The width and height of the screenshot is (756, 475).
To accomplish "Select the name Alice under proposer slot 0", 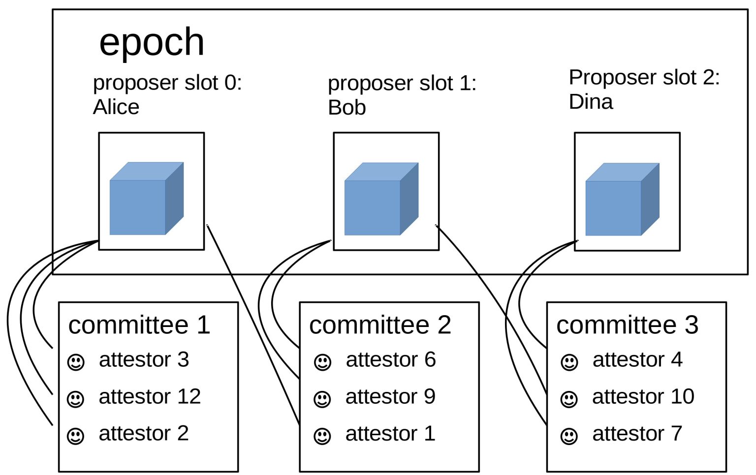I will pos(116,107).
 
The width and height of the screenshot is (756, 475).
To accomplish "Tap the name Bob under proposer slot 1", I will pos(347,108).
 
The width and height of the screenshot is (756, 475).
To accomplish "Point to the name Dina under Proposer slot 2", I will pos(591,102).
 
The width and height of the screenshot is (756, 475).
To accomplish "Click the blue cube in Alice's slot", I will pos(146,199).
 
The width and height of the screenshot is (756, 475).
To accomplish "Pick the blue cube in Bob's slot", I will pos(381,199).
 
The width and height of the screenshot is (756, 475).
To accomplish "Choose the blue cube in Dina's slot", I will pos(622,199).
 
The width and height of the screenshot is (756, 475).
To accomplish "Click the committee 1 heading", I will pos(139,325).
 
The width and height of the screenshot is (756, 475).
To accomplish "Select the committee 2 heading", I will pos(380,325).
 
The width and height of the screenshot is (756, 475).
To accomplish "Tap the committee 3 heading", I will pos(627,325).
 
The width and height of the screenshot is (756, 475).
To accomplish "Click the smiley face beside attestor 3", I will pos(76,362).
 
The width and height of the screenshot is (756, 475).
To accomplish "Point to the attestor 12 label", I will pos(150,396).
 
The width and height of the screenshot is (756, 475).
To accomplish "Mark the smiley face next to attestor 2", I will pos(76,436).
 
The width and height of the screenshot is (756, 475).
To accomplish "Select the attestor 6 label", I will pos(391,359).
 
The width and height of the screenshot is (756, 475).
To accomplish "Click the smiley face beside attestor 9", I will pos(322,399).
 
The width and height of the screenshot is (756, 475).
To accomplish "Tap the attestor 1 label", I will pos(390,434).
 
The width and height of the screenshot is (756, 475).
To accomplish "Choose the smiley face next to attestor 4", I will pos(569,362).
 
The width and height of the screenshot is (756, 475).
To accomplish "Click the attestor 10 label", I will pos(643,396).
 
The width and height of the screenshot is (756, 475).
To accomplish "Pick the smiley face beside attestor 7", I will pos(569,436).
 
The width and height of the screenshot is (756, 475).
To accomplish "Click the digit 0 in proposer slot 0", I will pos(230,83).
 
